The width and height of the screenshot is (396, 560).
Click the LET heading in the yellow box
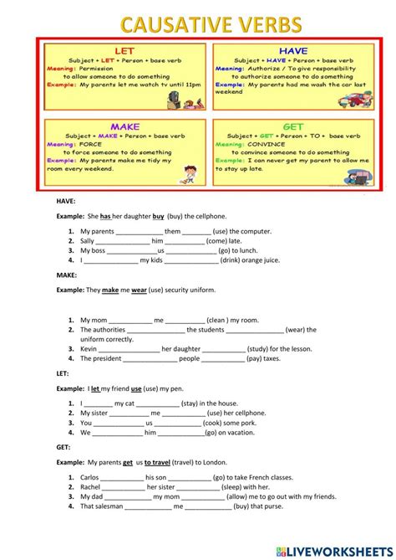click(x=124, y=51)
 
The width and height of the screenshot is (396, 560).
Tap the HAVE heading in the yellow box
click(x=292, y=51)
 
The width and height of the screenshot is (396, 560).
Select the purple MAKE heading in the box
click(x=124, y=126)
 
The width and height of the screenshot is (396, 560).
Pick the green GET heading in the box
click(x=292, y=126)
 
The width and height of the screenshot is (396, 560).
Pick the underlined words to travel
click(x=159, y=462)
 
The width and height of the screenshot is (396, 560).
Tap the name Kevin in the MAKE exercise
click(x=89, y=349)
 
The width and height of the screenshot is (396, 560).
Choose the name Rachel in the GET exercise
click(x=91, y=486)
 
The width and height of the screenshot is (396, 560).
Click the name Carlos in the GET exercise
click(x=90, y=477)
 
